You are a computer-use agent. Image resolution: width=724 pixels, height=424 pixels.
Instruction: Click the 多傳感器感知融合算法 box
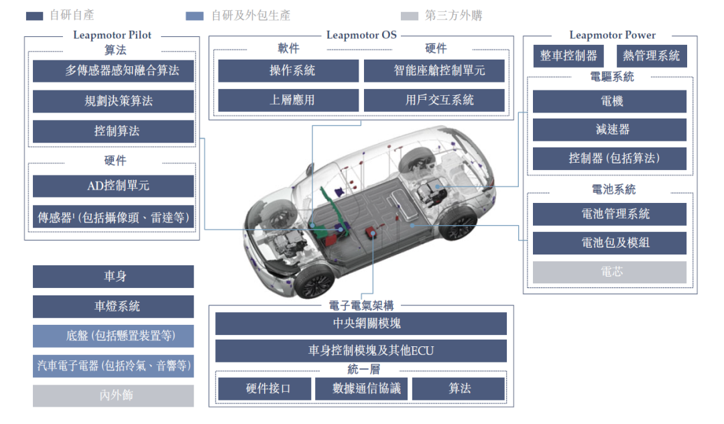point(113,70)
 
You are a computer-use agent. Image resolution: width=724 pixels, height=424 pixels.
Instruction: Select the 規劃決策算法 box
point(113,101)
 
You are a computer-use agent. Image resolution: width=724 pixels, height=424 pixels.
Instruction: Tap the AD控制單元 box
point(113,186)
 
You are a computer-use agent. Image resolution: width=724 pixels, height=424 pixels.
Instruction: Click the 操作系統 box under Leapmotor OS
point(288,70)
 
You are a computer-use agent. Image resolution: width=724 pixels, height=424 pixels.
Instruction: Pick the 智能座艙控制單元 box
point(434,70)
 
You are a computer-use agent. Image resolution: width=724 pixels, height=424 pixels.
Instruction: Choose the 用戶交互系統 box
point(434,100)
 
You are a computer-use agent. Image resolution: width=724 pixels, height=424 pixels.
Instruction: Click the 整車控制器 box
point(568,56)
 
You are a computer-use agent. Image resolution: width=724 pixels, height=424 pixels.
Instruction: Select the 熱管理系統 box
point(652,56)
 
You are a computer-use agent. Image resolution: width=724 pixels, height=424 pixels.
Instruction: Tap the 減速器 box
point(609,130)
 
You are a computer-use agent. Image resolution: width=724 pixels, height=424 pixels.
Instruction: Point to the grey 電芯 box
point(609,272)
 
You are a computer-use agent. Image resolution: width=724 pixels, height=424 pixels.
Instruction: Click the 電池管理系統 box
point(609,214)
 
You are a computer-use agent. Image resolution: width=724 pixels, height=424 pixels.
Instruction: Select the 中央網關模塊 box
point(361,324)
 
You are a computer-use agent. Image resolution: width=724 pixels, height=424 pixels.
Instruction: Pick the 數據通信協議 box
point(361,388)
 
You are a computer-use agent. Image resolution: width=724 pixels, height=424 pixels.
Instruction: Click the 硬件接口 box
point(265,388)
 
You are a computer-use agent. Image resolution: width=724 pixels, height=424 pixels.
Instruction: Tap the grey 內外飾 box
point(113,396)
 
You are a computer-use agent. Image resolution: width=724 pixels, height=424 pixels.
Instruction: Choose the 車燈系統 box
point(113,306)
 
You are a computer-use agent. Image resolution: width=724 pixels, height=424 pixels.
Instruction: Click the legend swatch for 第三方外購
point(410,16)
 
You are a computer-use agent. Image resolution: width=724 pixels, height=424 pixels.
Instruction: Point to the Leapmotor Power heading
point(612,35)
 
